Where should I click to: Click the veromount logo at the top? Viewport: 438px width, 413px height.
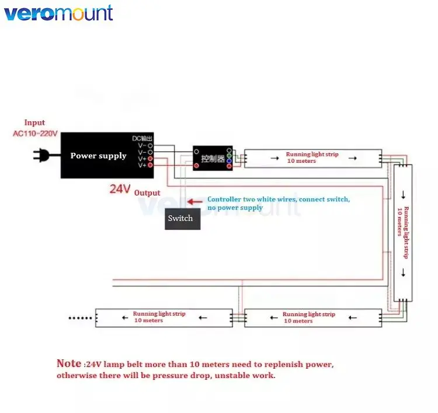[x=58, y=13]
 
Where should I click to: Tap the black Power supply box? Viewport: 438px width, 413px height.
[x=98, y=155]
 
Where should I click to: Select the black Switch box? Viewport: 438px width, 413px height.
[x=182, y=218]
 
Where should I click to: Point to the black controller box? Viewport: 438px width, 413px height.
[x=213, y=158]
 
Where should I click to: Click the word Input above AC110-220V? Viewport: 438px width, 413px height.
[x=34, y=123]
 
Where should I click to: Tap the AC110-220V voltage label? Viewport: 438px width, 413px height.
[x=35, y=134]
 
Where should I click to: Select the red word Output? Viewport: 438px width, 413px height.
[x=147, y=192]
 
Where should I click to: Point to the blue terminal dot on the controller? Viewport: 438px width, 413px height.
[x=230, y=160]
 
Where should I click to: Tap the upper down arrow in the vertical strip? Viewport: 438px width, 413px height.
[x=403, y=195]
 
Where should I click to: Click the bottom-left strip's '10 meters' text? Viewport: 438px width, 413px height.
[x=149, y=320]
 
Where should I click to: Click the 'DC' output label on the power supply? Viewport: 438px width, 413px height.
[x=135, y=138]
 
